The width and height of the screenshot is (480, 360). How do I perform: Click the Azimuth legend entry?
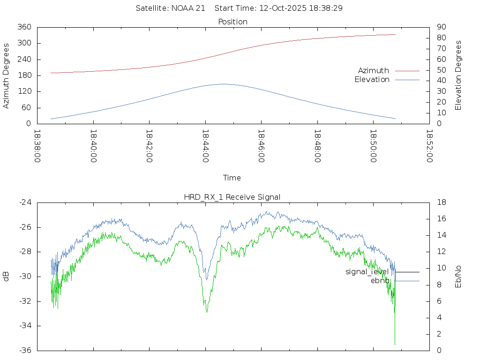point(374,71)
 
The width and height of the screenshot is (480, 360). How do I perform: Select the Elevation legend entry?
point(372,80)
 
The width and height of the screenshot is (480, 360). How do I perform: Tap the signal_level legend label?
point(367,272)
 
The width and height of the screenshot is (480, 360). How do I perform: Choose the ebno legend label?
point(380,281)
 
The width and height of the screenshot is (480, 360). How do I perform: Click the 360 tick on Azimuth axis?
point(23,27)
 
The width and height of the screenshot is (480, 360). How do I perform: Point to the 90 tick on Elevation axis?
point(440,27)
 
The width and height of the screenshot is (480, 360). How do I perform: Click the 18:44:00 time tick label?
point(205,146)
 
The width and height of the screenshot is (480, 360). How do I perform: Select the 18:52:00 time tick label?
point(429,146)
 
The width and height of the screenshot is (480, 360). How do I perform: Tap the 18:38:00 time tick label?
point(37,146)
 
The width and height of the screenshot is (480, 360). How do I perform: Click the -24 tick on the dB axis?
point(25,202)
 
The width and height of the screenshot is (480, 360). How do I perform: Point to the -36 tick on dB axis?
point(25,351)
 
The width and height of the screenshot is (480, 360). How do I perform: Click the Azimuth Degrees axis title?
point(7,76)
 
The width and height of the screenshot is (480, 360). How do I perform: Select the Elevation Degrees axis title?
point(458,75)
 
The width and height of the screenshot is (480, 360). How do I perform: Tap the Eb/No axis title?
point(458,277)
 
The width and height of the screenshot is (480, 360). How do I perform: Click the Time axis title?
point(232,178)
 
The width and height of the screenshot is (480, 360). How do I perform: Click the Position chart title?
point(233,22)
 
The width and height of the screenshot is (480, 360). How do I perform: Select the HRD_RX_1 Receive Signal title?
point(232,197)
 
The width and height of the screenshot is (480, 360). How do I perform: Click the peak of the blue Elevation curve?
point(222,84)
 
